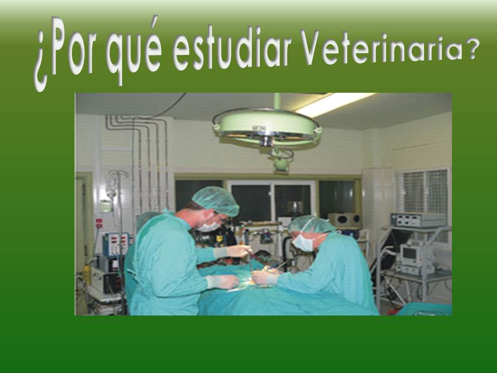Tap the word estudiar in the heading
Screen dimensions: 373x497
[x=231, y=52]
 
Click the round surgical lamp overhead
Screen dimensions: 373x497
[x=267, y=127]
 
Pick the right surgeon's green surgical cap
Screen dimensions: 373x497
[x=311, y=224]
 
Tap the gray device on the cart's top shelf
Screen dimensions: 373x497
[x=418, y=220]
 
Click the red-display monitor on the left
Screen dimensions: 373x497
[x=115, y=244]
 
